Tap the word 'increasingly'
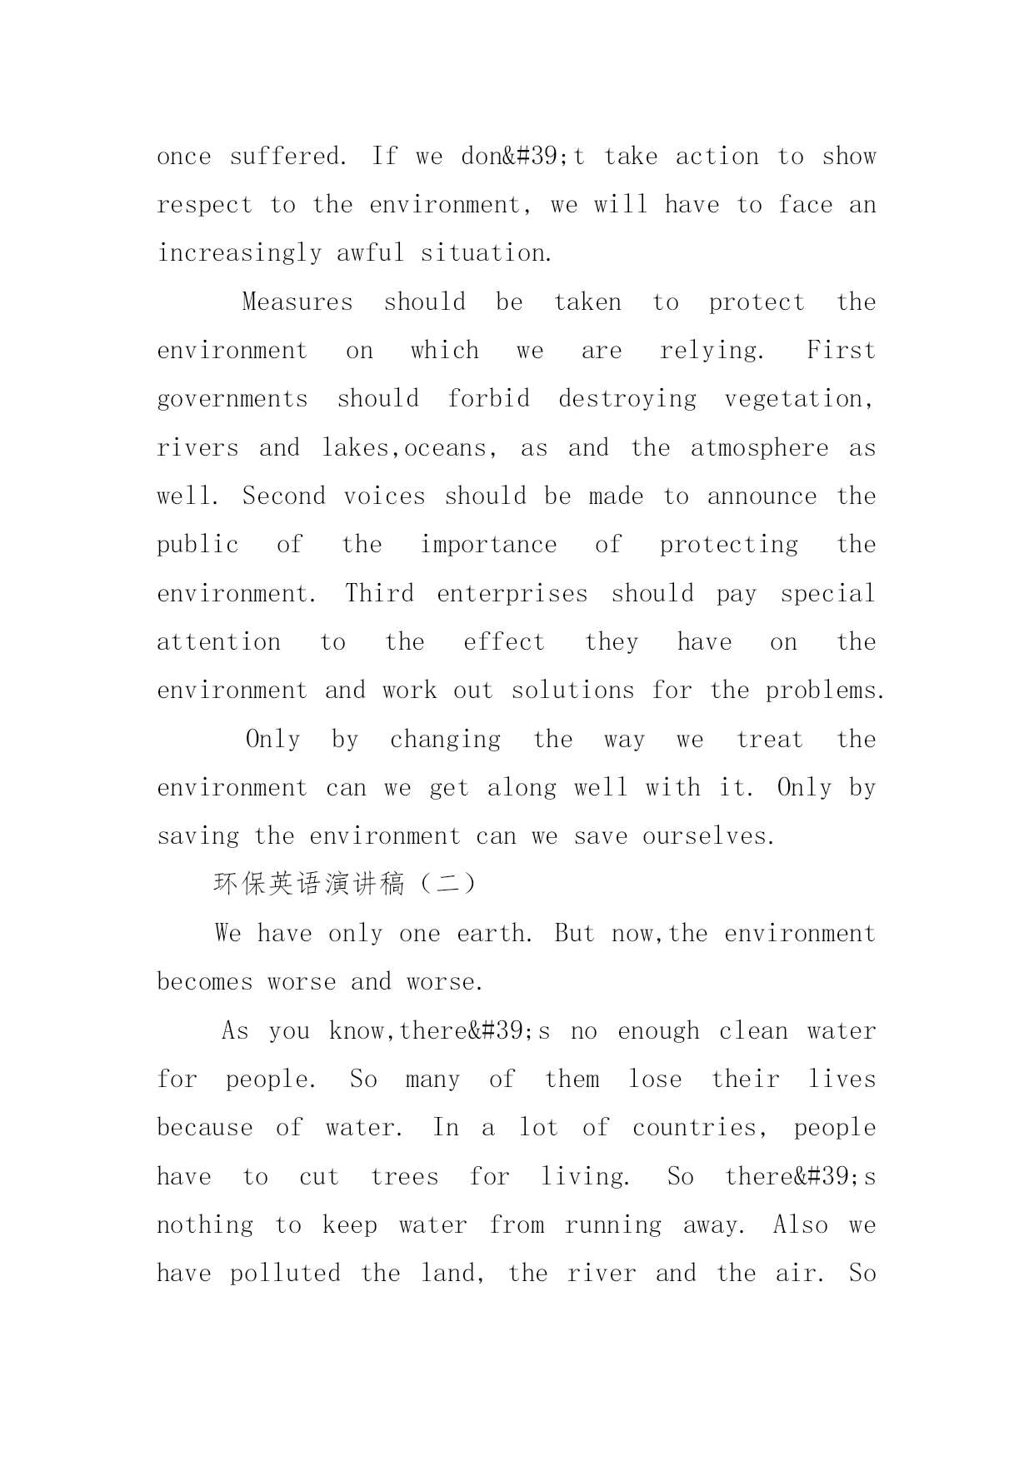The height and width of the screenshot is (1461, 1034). point(239,253)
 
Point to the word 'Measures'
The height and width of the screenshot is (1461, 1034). point(297,302)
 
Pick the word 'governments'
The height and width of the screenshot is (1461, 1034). point(232,399)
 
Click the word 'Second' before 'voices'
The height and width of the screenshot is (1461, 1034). point(283,496)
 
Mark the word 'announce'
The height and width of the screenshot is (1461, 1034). point(762,496)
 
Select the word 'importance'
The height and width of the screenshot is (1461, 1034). point(488,545)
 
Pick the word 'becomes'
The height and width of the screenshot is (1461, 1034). point(205,982)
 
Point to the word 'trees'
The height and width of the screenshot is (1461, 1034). point(404,1177)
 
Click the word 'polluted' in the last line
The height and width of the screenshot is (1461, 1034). point(285,1274)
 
